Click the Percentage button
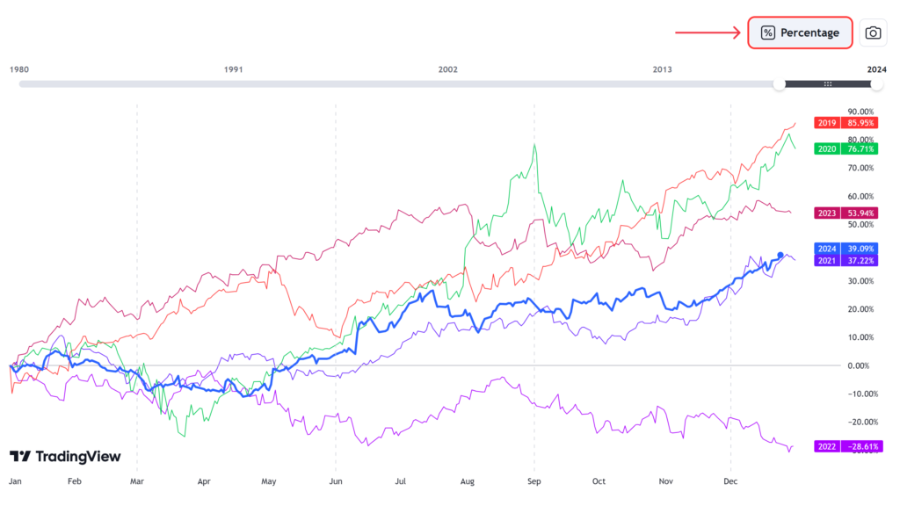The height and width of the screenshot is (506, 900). pos(801,33)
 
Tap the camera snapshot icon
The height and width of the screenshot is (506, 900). pos(873,33)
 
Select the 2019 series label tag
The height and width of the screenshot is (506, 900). pos(826,123)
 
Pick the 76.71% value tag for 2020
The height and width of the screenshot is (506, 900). pos(861,149)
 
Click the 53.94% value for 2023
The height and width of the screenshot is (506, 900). pos(861,213)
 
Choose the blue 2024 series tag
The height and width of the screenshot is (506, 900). pos(826,249)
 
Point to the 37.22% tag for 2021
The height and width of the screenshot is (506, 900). pos(861,261)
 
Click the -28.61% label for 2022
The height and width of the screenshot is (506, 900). pos(861,447)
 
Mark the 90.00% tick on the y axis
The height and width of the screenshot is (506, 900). pos(860,112)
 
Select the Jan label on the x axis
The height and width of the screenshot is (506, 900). pos(15,482)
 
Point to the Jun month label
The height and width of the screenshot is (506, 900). pos(336,482)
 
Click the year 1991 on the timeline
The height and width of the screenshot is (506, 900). pos(233,69)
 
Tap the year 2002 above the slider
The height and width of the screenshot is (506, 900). pos(448,69)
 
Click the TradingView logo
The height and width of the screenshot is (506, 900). pos(65,457)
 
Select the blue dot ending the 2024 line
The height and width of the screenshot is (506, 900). pos(780,256)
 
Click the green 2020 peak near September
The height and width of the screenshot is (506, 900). pos(534,145)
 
